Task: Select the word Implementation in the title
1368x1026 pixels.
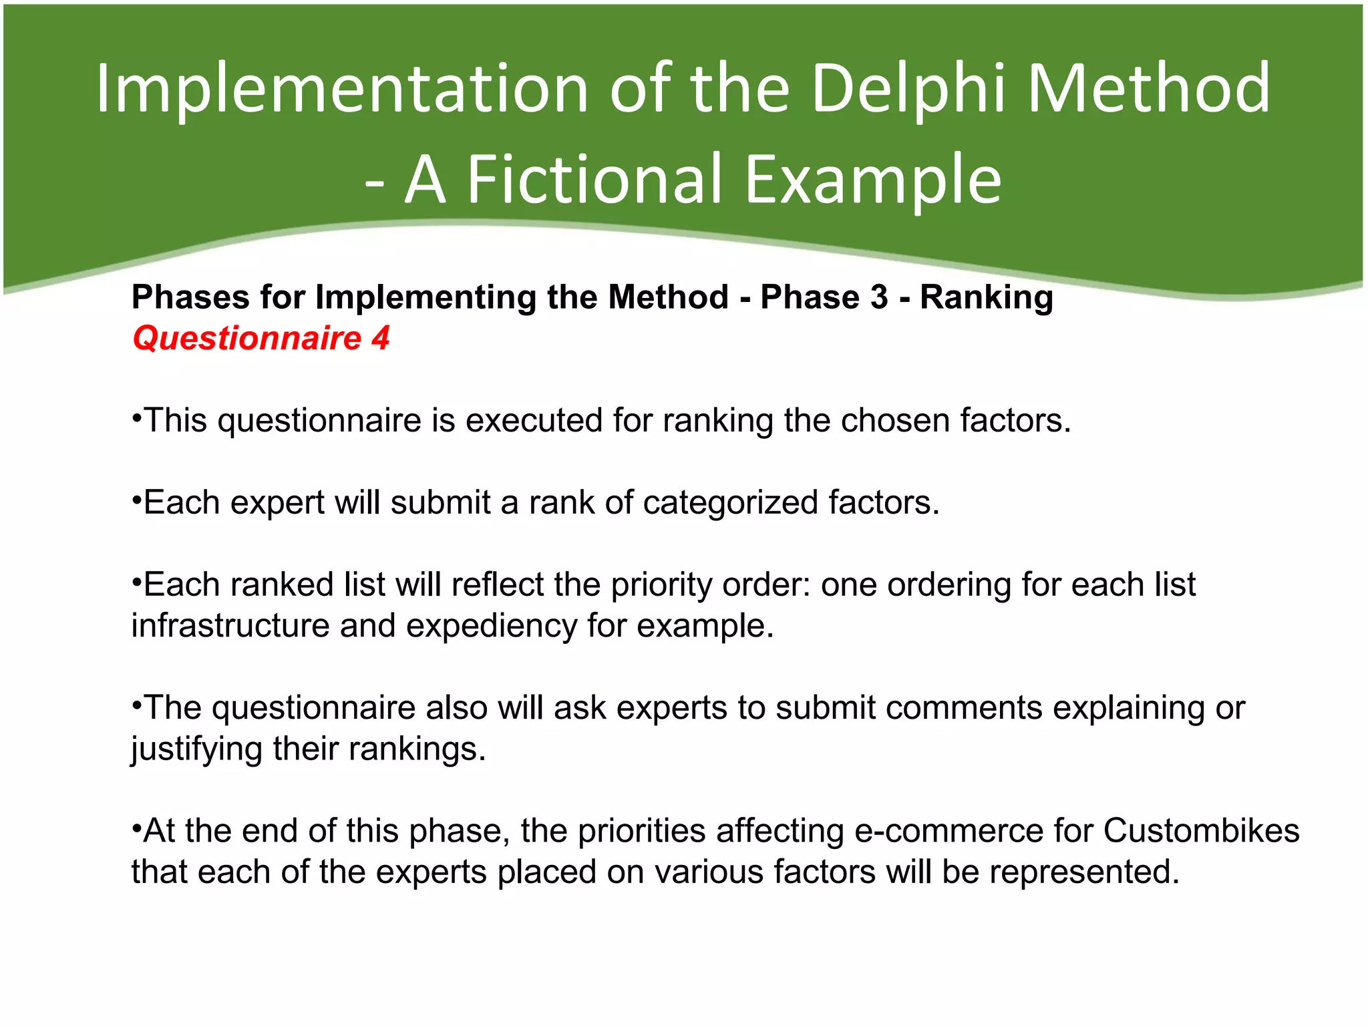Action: pos(341,88)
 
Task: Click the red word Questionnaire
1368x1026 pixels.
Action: pos(246,338)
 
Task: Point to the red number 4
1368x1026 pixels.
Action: pos(380,338)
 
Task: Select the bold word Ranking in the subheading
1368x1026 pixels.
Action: pos(987,297)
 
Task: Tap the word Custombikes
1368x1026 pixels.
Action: pos(1201,831)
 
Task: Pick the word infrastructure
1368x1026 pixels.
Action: pos(230,626)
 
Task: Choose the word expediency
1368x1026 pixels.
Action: pos(491,626)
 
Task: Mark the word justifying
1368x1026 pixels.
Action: pos(196,749)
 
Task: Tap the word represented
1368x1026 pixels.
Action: pos(1084,872)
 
